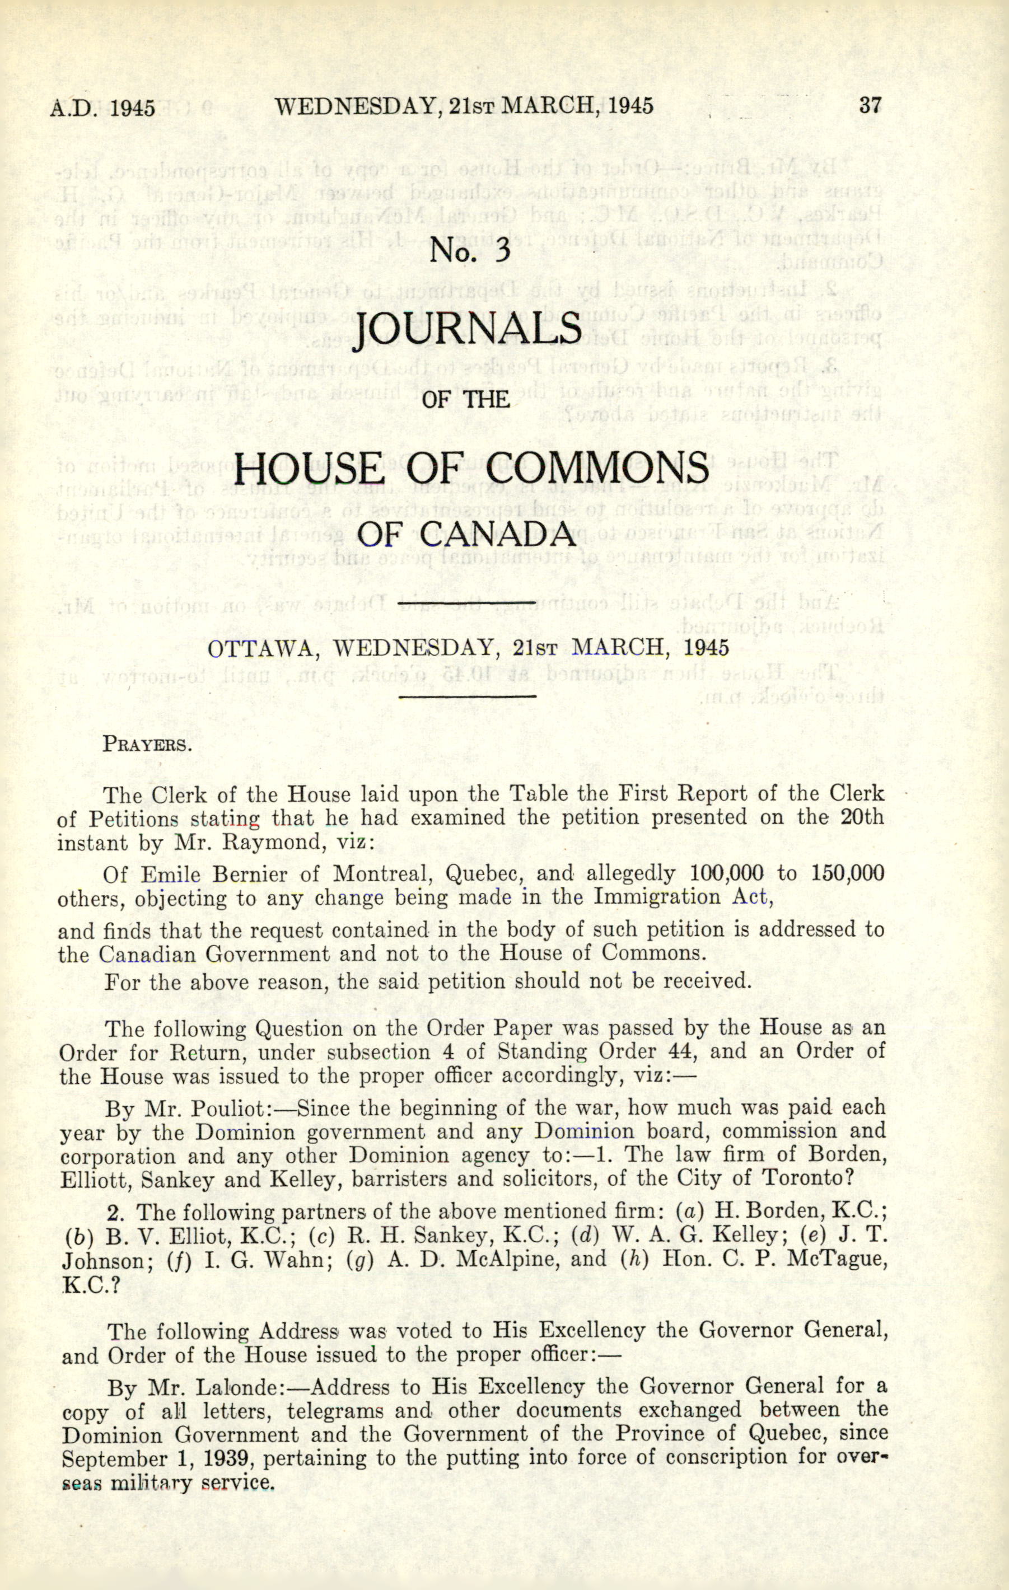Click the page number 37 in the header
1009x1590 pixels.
coord(870,106)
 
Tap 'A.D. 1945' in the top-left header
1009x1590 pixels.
coord(102,107)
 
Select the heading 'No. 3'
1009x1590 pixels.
coord(470,251)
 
